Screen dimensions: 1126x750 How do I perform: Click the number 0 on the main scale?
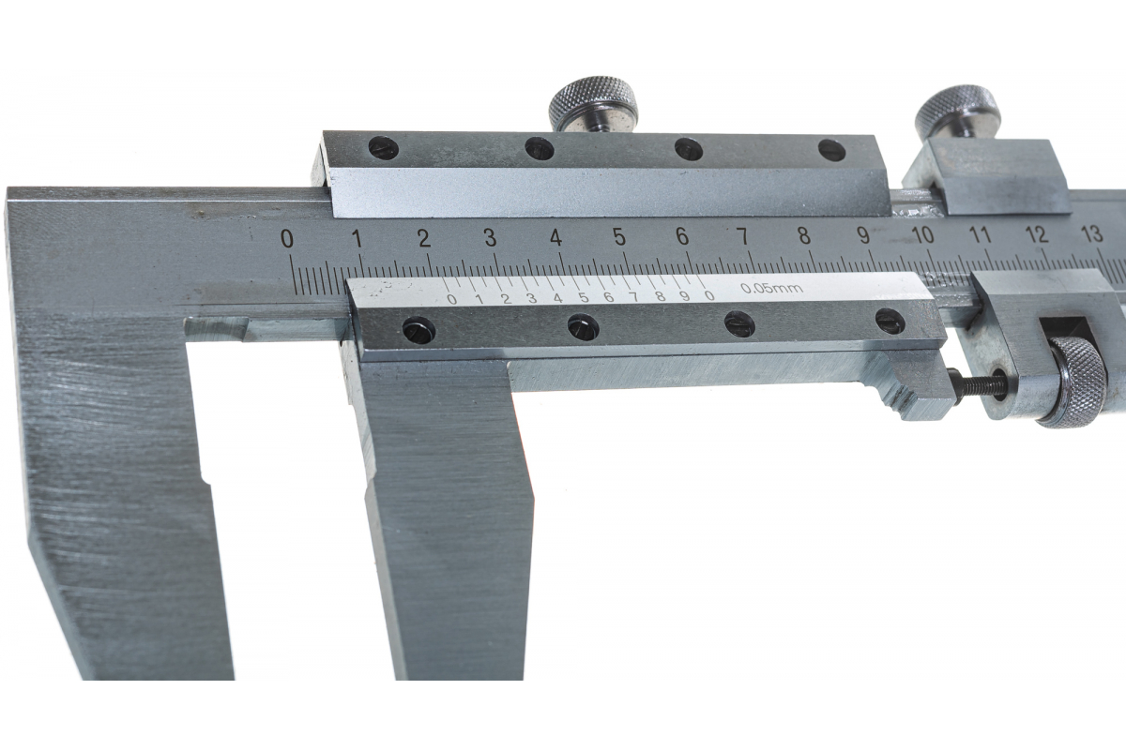coord(287,239)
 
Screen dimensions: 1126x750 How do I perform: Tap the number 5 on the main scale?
coord(620,236)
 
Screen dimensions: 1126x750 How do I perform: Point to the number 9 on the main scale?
coord(862,235)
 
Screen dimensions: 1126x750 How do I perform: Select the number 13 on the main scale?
coord(1091,233)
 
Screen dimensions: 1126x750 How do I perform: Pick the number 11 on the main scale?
coord(980,234)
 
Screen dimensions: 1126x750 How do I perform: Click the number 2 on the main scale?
coord(425,238)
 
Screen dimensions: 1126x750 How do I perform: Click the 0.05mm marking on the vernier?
coord(771,289)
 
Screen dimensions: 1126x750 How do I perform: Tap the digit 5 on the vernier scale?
coord(583,298)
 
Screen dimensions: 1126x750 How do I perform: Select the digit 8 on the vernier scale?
coord(661,296)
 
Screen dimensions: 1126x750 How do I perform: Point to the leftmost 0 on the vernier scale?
coord(452,300)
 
